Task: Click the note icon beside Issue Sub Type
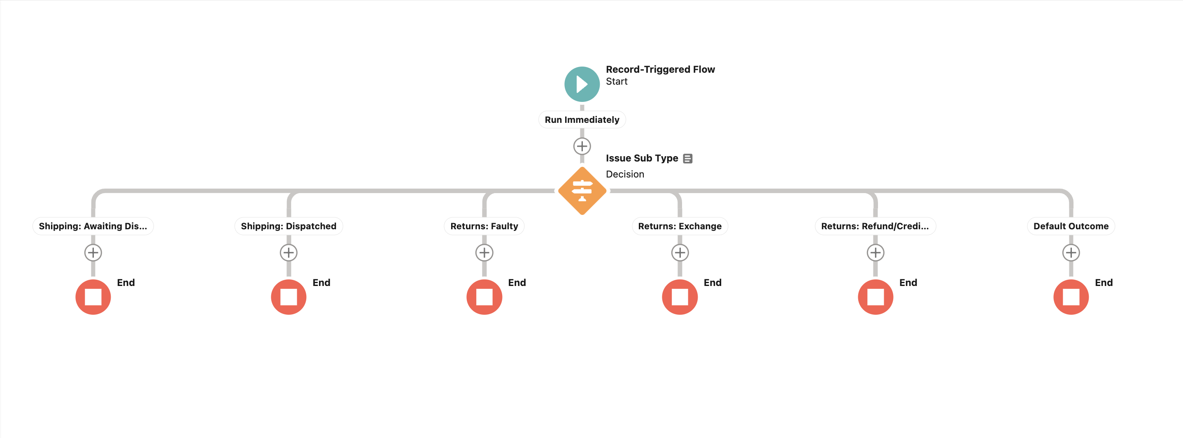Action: pyautogui.click(x=687, y=158)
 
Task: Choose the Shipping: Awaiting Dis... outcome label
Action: pyautogui.click(x=93, y=226)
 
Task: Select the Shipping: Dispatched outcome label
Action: pyautogui.click(x=289, y=226)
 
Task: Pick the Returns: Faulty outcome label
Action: pyautogui.click(x=484, y=226)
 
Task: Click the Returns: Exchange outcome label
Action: pyautogui.click(x=680, y=226)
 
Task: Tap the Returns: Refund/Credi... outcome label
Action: pyautogui.click(x=875, y=226)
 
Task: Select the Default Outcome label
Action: pyautogui.click(x=1071, y=226)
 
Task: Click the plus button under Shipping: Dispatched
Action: pyautogui.click(x=289, y=252)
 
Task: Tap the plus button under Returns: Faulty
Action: pyautogui.click(x=484, y=252)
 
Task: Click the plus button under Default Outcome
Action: pyautogui.click(x=1071, y=252)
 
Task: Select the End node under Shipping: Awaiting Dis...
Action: pyautogui.click(x=93, y=297)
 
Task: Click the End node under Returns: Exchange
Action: pyautogui.click(x=680, y=297)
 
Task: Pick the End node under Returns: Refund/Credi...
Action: pyautogui.click(x=875, y=297)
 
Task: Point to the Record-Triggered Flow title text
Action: pyautogui.click(x=660, y=69)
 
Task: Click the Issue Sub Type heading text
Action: pyautogui.click(x=642, y=158)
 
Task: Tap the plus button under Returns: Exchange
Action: pyautogui.click(x=680, y=252)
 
